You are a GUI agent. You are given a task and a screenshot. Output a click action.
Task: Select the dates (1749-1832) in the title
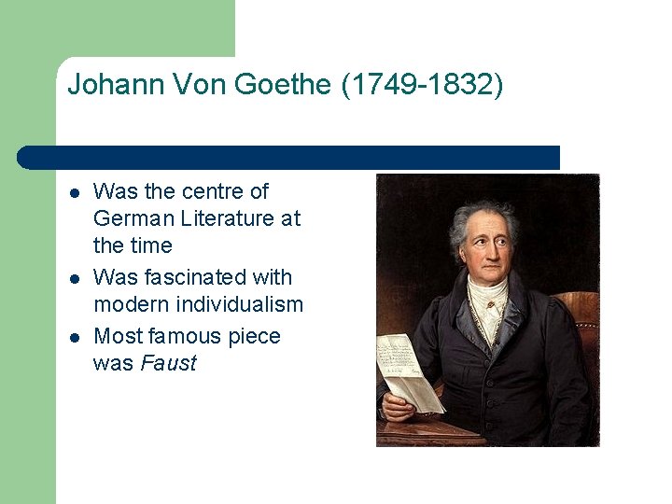coord(422,85)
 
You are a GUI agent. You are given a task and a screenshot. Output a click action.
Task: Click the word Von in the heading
coord(197,85)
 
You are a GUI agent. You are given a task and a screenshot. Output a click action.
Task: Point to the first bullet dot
coord(74,193)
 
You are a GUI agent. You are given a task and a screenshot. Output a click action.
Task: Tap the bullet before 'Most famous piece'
coord(74,337)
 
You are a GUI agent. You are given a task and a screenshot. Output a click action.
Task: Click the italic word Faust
coord(168,364)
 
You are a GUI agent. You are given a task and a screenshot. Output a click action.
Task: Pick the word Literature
coord(222,218)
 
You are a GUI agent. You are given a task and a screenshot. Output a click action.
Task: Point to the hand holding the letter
coord(398,406)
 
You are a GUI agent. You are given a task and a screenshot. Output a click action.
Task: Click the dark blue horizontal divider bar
coord(289,157)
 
